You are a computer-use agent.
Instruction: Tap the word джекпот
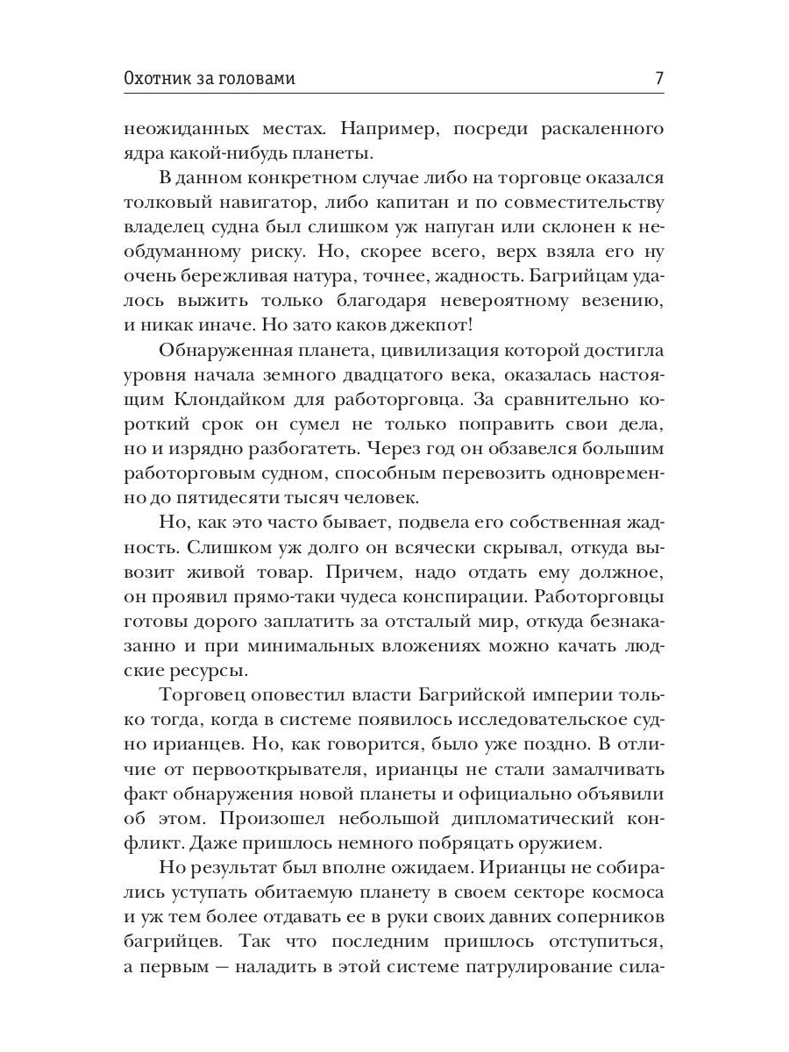point(478,326)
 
